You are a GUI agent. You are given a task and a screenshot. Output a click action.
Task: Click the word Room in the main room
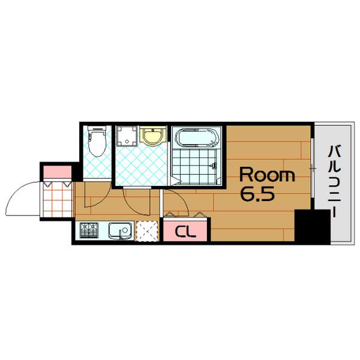tap(267, 175)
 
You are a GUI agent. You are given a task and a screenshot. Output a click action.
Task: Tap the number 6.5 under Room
tap(257, 194)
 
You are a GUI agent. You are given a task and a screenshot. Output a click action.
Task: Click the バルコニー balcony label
tap(335, 181)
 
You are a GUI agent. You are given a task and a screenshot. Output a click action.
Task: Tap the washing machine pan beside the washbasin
tap(127, 136)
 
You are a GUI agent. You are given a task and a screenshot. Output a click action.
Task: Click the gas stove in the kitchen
tap(89, 230)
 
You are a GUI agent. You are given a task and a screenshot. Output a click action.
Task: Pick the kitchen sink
tap(121, 230)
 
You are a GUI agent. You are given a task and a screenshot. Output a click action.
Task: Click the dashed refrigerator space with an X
tap(147, 231)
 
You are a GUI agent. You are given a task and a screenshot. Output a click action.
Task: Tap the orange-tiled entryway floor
tap(58, 199)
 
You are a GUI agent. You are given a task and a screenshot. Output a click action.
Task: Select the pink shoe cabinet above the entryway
tap(58, 172)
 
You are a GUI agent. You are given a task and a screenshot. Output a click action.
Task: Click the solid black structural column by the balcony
tap(312, 227)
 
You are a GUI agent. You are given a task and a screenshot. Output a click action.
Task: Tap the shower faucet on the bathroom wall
tap(214, 165)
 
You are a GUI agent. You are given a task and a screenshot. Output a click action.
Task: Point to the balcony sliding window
tap(312, 168)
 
